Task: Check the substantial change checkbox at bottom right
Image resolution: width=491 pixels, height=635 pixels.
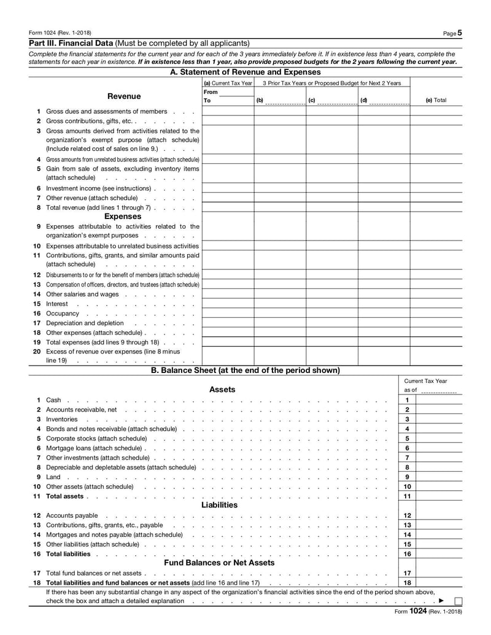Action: (458, 601)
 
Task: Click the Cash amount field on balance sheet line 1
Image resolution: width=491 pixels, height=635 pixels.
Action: (439, 400)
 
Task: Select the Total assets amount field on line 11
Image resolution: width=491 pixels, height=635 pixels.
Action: (439, 496)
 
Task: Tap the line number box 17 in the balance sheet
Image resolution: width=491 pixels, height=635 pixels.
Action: (407, 573)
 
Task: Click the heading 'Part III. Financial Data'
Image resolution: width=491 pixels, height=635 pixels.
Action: (71, 44)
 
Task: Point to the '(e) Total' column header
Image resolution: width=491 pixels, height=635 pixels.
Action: (436, 100)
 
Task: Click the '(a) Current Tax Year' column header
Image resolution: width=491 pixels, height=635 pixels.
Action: (228, 83)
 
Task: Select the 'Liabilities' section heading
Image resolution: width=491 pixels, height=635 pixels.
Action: (219, 505)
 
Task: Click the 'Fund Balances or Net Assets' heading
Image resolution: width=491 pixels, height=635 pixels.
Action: (219, 563)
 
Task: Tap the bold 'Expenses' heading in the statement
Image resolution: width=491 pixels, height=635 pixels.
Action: (123, 217)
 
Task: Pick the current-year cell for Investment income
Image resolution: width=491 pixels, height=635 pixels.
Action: (228, 188)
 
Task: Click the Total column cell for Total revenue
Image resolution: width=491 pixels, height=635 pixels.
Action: (436, 207)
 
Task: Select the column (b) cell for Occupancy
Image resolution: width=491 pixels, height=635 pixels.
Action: (280, 314)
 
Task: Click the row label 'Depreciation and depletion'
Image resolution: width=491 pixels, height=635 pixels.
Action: (85, 323)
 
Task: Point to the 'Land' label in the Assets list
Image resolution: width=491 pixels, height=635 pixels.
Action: (53, 477)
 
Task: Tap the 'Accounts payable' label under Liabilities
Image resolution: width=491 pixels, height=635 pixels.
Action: (72, 516)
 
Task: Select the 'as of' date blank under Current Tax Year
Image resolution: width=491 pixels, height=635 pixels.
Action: (439, 391)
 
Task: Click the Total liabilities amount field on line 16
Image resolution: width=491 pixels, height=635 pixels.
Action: (439, 554)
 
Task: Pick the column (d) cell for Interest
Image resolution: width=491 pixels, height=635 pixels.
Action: (384, 304)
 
